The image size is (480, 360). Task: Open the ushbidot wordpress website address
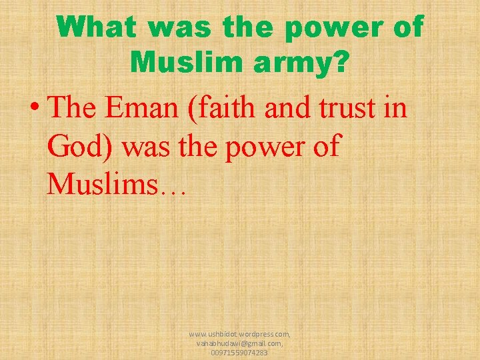click(239, 333)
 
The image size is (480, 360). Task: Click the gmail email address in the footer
click(239, 343)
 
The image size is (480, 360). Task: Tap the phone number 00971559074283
click(239, 352)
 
